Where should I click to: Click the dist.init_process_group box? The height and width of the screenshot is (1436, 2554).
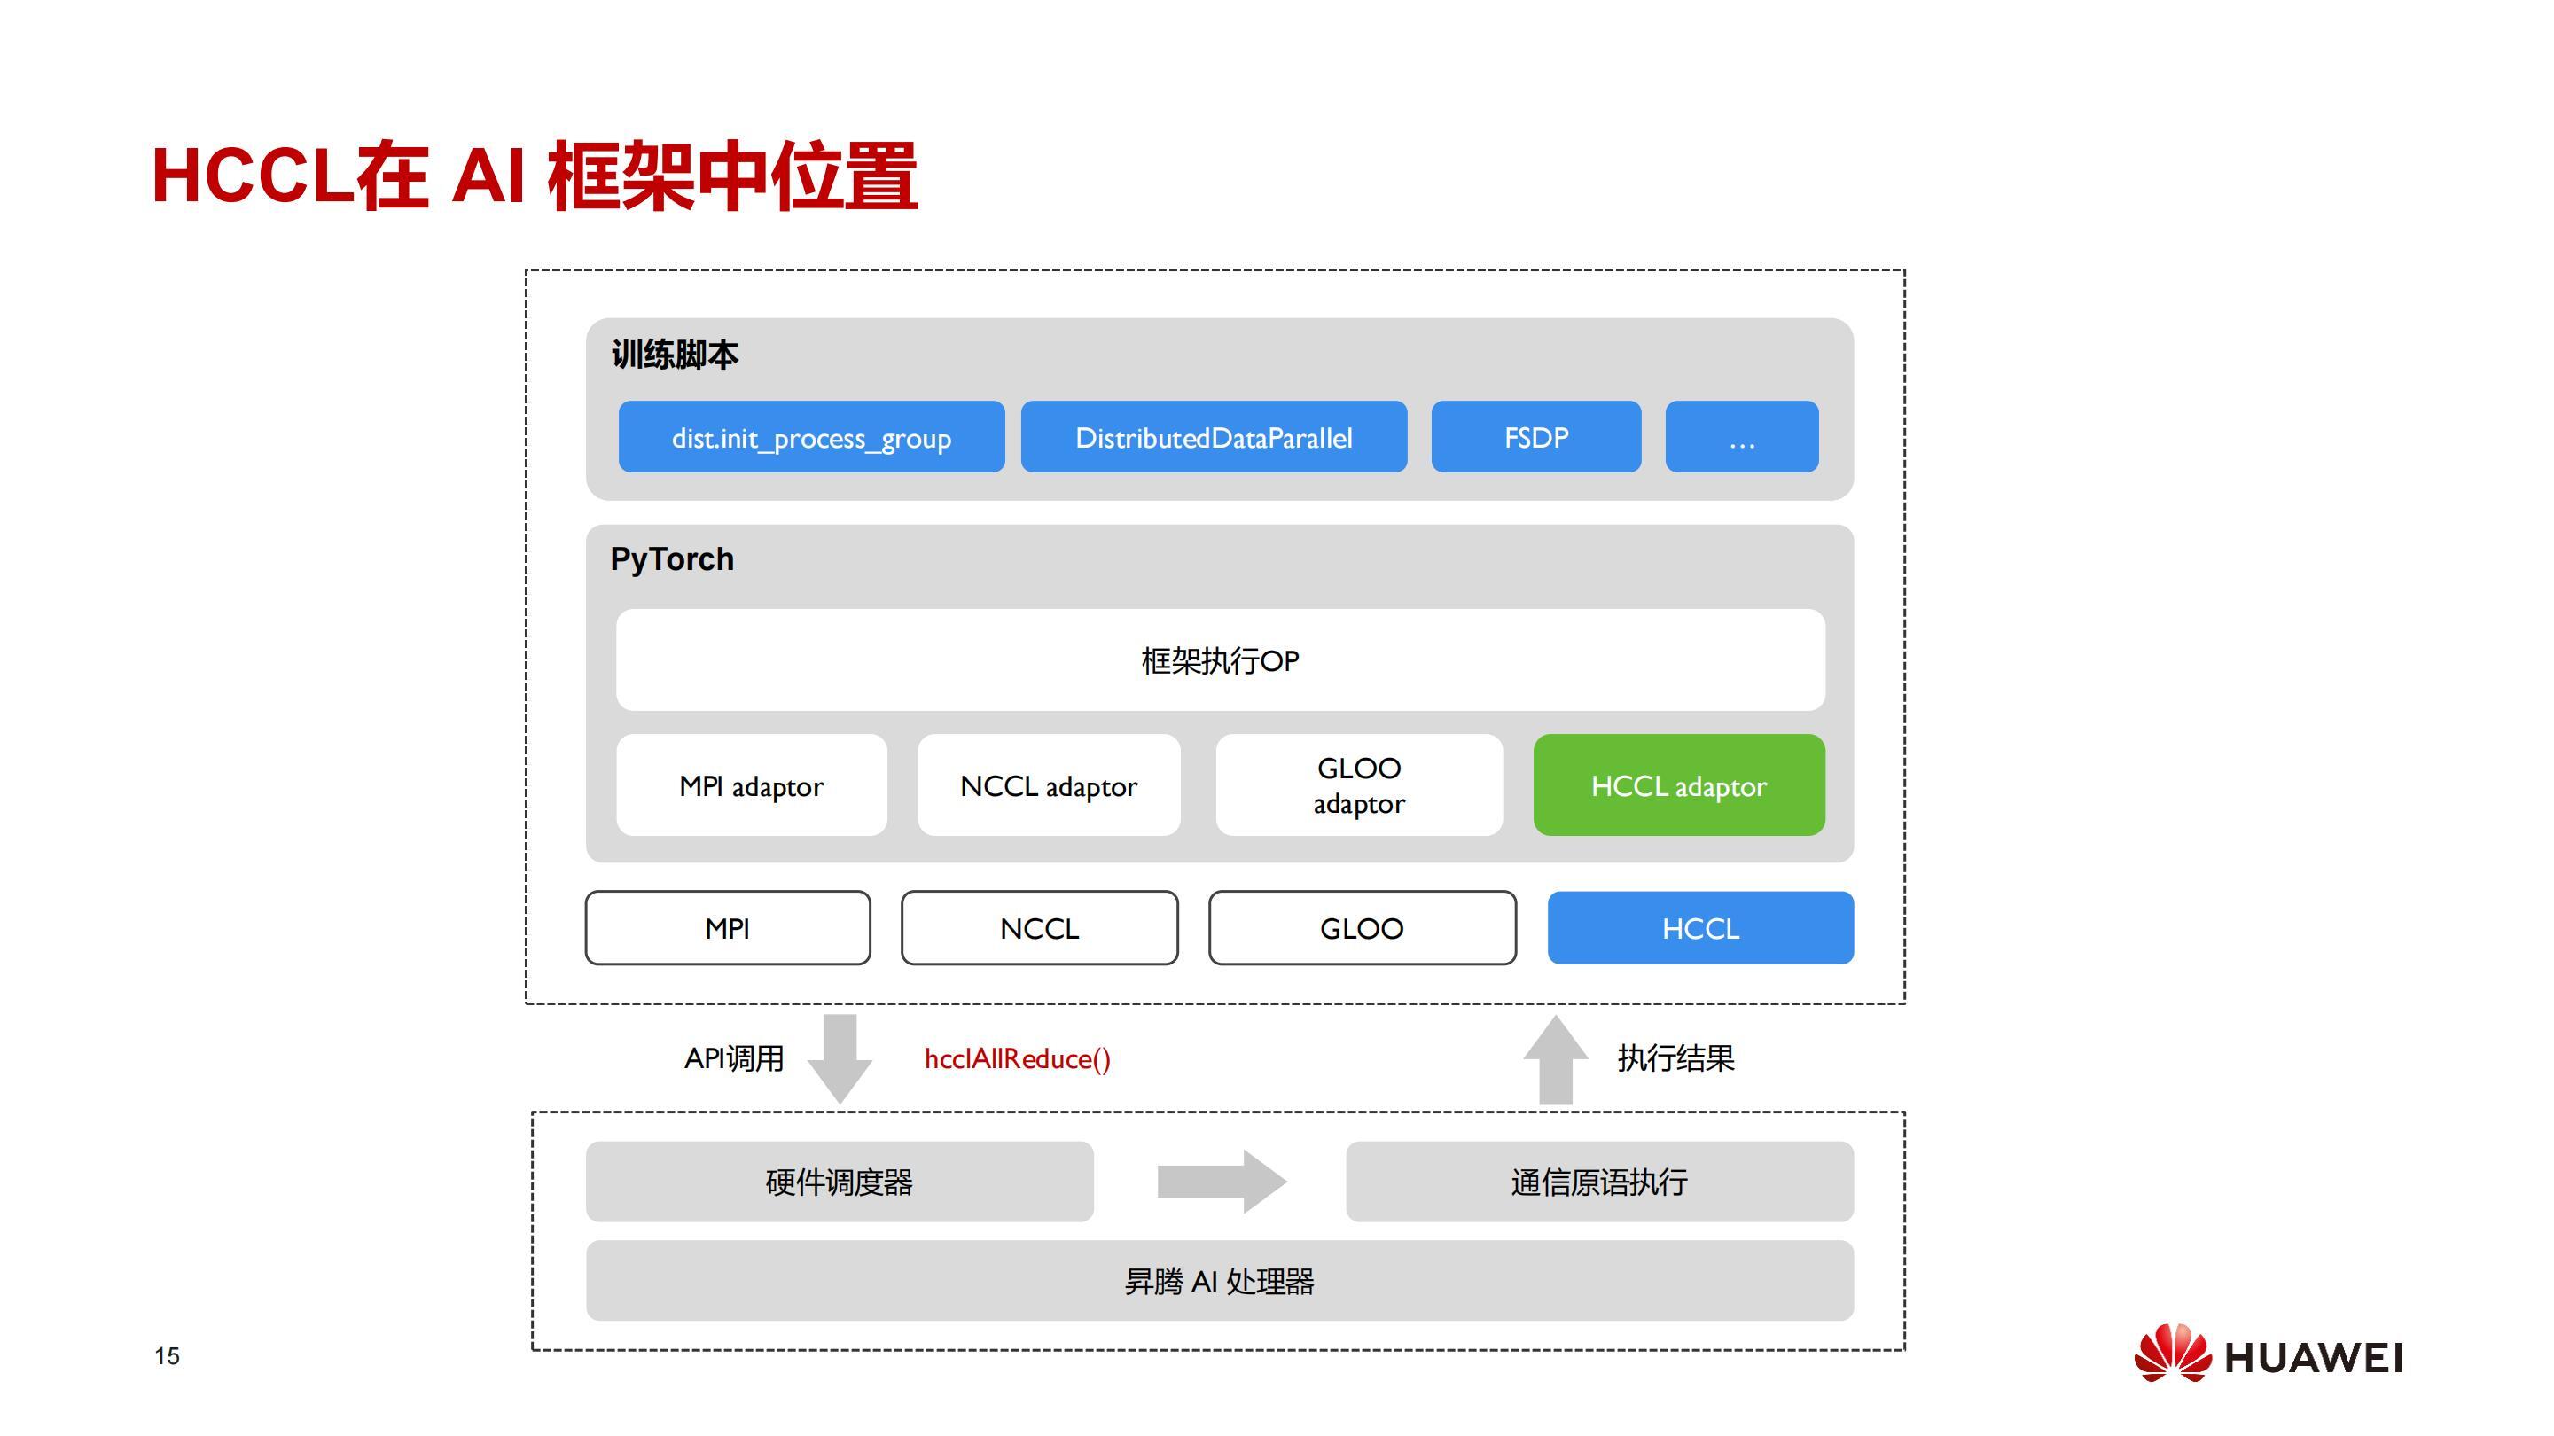pyautogui.click(x=811, y=436)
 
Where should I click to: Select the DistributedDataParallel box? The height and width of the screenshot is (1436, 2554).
pyautogui.click(x=1214, y=436)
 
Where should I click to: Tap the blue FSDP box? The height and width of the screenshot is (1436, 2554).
pyautogui.click(x=1535, y=436)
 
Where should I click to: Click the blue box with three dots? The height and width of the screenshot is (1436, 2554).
pyautogui.click(x=1742, y=436)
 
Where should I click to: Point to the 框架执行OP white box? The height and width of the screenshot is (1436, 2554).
pyautogui.click(x=1221, y=659)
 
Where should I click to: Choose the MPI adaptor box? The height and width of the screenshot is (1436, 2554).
pyautogui.click(x=752, y=784)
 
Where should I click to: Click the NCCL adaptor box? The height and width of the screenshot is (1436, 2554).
pyautogui.click(x=1049, y=784)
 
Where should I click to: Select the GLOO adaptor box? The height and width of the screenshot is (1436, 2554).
pyautogui.click(x=1359, y=784)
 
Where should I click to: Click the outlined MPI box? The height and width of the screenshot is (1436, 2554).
pyautogui.click(x=728, y=927)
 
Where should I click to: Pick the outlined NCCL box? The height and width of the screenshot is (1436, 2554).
pyautogui.click(x=1039, y=927)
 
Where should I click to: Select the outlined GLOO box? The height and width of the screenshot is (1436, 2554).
pyautogui.click(x=1363, y=927)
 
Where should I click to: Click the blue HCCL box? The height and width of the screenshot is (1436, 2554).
pyautogui.click(x=1700, y=927)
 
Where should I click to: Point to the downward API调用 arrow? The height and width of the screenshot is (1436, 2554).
pyautogui.click(x=840, y=1058)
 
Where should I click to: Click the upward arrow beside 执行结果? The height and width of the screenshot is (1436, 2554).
pyautogui.click(x=1556, y=1058)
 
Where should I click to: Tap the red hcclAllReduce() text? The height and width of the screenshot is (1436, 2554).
pyautogui.click(x=1017, y=1058)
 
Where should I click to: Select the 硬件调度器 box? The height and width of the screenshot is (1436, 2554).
pyautogui.click(x=840, y=1181)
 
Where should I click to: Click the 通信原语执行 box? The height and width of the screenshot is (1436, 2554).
pyautogui.click(x=1599, y=1181)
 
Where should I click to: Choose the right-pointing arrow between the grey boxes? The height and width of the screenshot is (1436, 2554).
pyautogui.click(x=1222, y=1181)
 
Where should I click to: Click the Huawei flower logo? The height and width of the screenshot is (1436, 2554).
pyautogui.click(x=2172, y=1353)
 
